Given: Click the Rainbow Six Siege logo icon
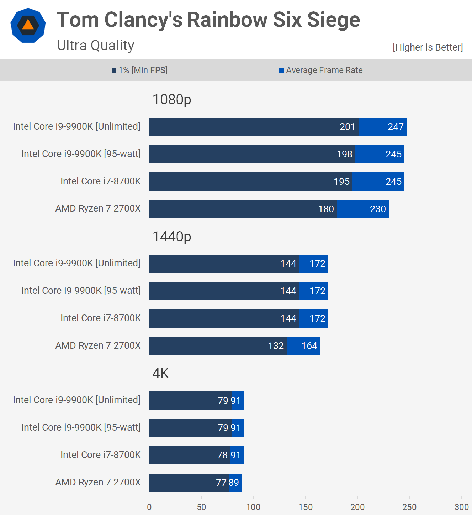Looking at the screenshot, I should tap(28, 25).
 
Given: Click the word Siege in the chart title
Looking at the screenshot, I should tap(333, 20).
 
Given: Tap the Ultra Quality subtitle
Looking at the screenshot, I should tap(96, 46).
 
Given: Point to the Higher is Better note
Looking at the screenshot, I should tap(428, 47).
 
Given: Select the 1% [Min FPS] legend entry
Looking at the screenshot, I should tap(139, 70).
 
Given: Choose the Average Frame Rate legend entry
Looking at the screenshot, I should tap(321, 70).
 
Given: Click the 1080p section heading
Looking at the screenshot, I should tap(172, 100).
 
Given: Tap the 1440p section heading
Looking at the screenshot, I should tap(172, 236).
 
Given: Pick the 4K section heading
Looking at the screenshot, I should tap(161, 373).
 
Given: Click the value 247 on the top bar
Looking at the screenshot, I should tap(396, 127).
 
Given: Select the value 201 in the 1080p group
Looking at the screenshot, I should tap(347, 127).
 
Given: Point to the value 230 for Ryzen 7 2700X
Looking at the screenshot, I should tap(378, 209).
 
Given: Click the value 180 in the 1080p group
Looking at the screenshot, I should tap(326, 209).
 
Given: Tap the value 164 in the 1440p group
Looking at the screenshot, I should tap(309, 346).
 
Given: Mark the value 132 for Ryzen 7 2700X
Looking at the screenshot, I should tap(276, 346).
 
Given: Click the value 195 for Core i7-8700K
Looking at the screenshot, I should tap(341, 182).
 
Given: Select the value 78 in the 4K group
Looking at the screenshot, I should tap(222, 455).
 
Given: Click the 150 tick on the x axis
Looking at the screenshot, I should tap(306, 507).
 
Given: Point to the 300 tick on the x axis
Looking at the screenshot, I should tap(461, 507).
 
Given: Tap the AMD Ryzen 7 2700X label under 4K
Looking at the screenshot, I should tap(98, 482).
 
